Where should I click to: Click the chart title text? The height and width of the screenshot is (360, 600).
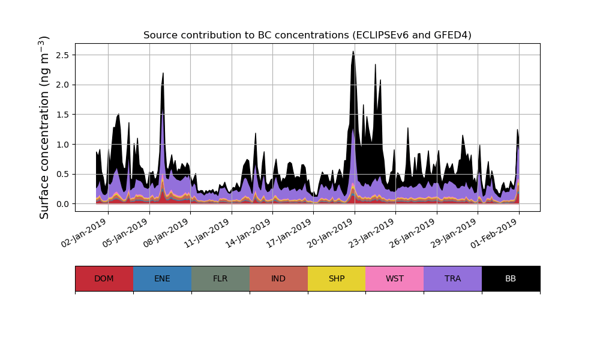pos(307,35)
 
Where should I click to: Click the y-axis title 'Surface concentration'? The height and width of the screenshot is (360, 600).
pos(44,127)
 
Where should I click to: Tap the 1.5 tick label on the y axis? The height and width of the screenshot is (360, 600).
pos(62,115)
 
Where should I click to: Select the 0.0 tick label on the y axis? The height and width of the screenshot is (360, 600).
pos(62,204)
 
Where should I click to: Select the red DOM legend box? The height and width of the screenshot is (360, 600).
pos(104,278)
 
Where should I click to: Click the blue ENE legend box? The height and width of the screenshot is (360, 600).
pos(162,278)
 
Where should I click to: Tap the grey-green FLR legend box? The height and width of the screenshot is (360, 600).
pos(220,278)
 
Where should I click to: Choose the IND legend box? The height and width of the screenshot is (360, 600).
pos(278,278)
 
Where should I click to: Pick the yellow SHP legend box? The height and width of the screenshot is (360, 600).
pos(337,278)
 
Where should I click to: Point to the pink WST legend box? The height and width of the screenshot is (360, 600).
pos(394,278)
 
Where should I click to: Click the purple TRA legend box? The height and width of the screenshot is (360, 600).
pos(452,278)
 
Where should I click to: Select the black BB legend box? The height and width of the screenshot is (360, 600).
pos(511,278)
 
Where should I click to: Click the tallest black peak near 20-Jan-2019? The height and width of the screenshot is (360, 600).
pos(353,54)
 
